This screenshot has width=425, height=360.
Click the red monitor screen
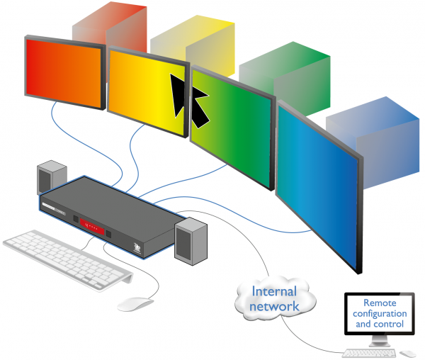(x=64, y=74)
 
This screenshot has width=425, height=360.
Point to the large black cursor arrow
(x=188, y=99)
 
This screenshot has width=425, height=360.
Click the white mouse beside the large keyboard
(x=135, y=303)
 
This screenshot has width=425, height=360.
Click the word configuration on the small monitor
(x=381, y=313)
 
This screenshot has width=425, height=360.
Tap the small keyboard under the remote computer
(x=364, y=352)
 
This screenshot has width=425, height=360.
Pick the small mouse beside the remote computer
(x=407, y=352)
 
